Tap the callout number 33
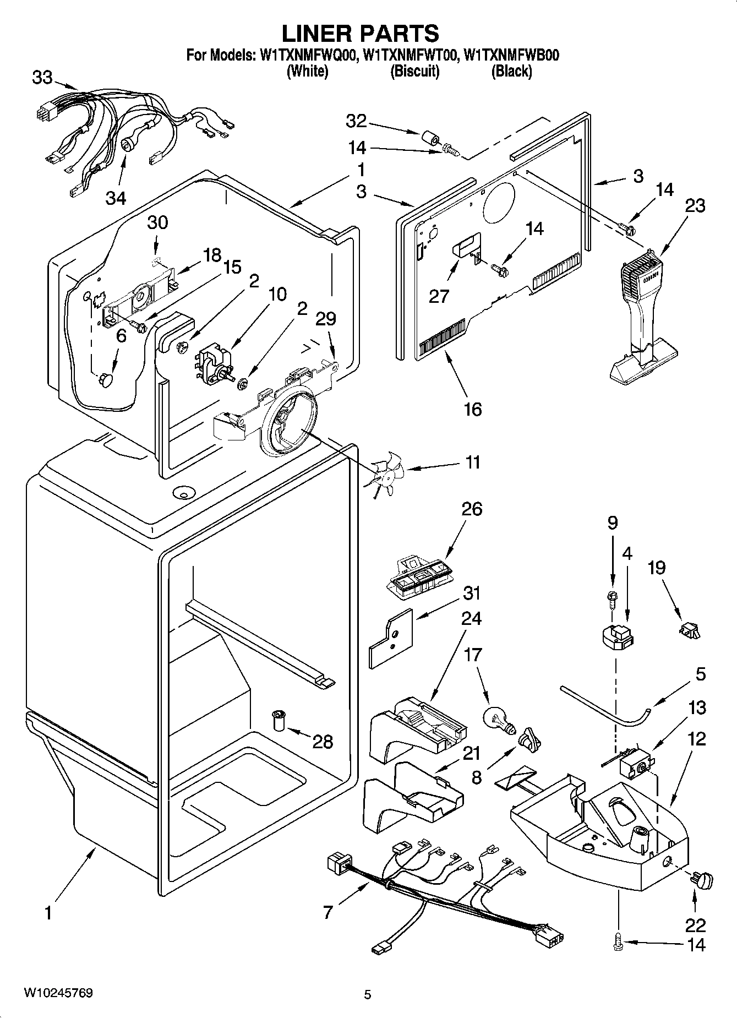(x=42, y=78)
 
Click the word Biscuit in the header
(x=414, y=72)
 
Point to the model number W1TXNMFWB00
(x=511, y=56)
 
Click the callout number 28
(x=323, y=742)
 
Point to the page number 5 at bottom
(x=368, y=994)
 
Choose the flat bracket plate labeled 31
(x=390, y=638)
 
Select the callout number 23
(x=695, y=206)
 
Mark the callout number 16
(x=472, y=409)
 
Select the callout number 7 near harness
(x=328, y=912)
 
